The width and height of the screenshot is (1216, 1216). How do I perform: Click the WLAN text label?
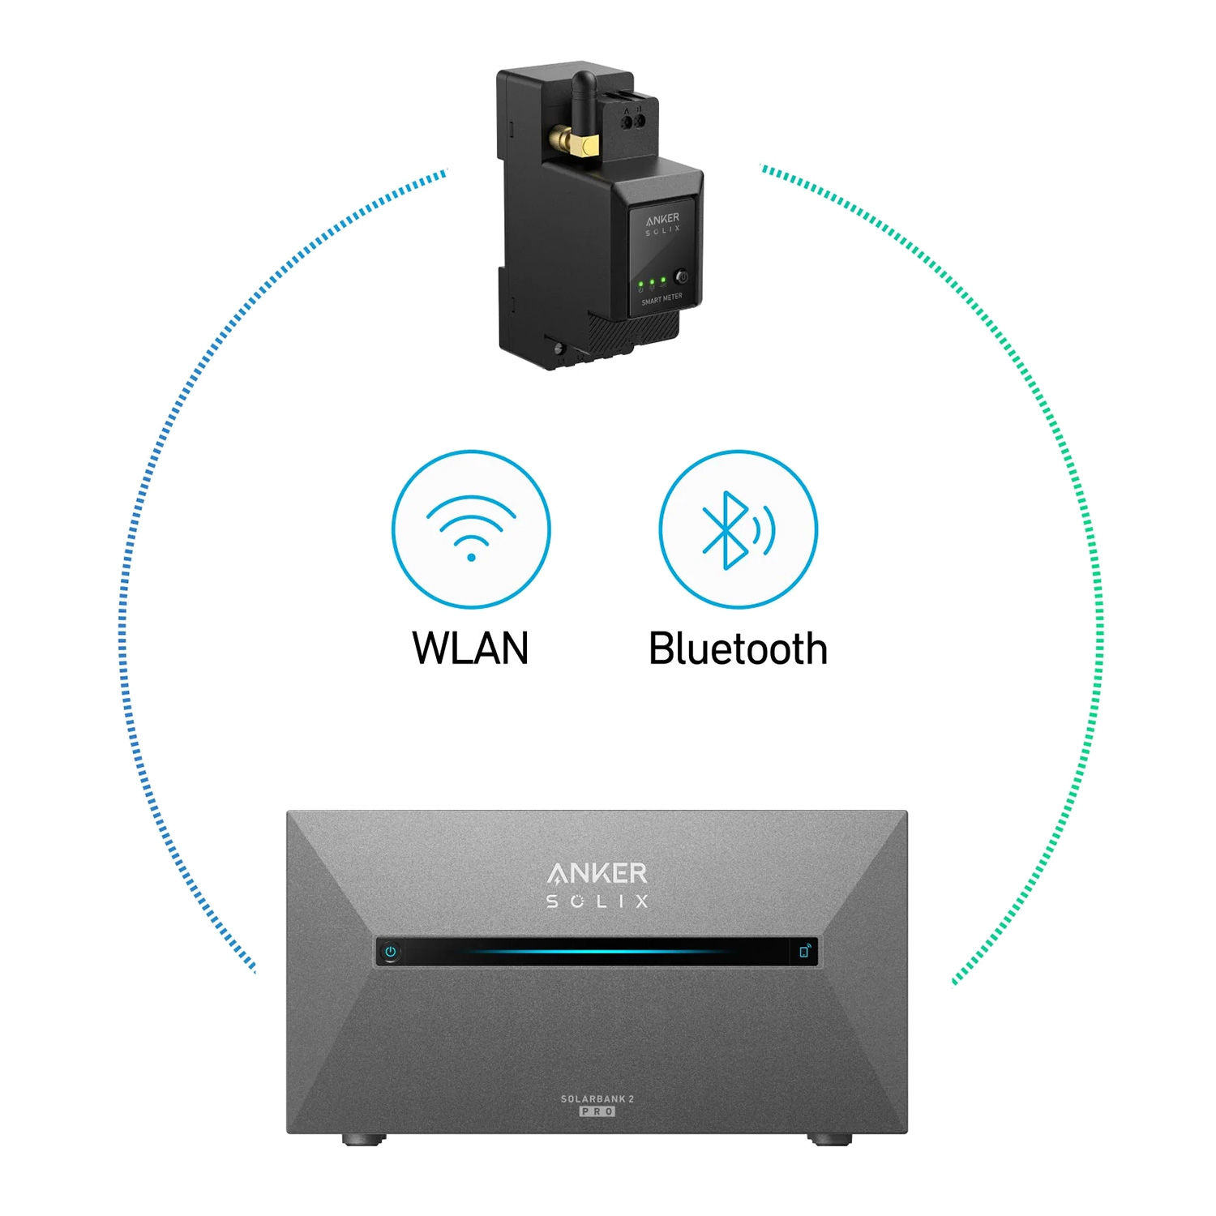click(x=470, y=649)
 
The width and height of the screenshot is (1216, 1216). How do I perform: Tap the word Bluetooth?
click(x=738, y=649)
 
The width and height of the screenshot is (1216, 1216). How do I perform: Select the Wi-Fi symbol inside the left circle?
click(x=471, y=528)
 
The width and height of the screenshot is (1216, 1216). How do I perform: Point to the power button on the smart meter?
click(x=683, y=277)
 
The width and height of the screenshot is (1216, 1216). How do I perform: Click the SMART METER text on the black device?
click(x=662, y=299)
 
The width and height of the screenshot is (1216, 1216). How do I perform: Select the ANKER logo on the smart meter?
click(x=662, y=219)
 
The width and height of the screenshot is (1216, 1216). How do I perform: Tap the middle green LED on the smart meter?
click(x=652, y=282)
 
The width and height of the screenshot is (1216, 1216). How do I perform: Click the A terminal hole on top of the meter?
click(x=626, y=122)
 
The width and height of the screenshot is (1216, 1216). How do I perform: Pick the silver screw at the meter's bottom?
click(x=559, y=349)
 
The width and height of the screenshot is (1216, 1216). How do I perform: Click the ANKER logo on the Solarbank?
click(x=597, y=873)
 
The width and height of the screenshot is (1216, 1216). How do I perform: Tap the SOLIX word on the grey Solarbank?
click(x=597, y=901)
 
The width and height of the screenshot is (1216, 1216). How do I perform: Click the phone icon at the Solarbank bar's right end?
click(x=804, y=951)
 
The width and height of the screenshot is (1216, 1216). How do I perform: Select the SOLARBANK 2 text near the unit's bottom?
click(x=597, y=1098)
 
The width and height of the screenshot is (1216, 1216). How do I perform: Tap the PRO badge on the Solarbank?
click(x=597, y=1111)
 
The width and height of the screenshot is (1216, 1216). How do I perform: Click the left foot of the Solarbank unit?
click(x=363, y=1139)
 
